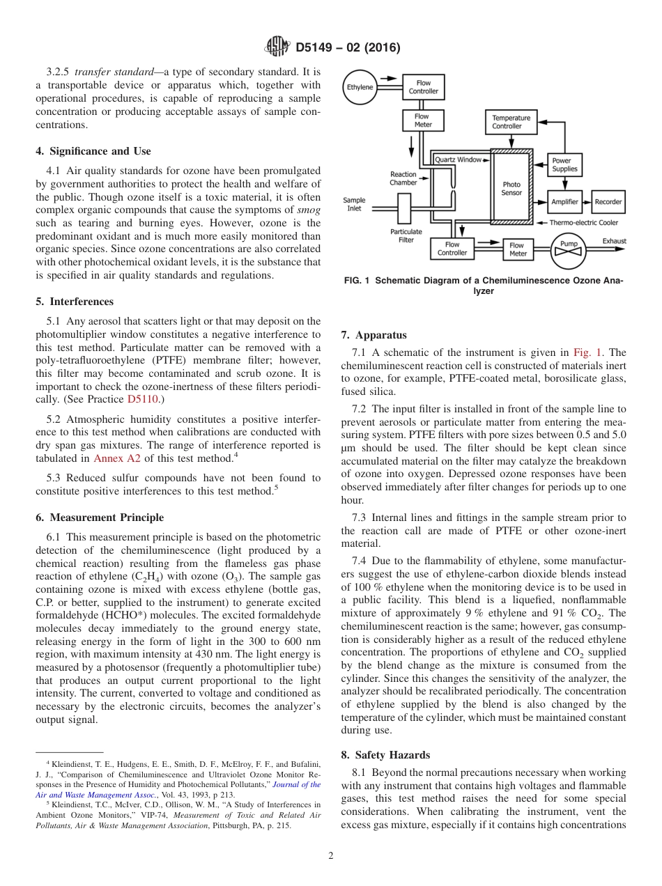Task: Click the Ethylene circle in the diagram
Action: coord(360,87)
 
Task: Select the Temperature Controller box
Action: coord(511,122)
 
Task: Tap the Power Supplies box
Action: coord(564,164)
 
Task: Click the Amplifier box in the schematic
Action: coord(564,202)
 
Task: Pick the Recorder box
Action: coord(608,202)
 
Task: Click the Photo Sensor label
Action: coord(511,189)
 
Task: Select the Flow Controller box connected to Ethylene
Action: coord(423,87)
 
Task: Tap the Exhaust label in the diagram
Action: coord(614,241)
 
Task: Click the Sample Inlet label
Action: coord(354,204)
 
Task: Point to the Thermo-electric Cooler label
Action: coord(583,223)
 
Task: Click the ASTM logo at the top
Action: coord(278,47)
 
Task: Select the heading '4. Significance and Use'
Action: coord(93,151)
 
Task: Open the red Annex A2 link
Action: coord(117,458)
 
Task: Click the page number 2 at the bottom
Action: coord(331,856)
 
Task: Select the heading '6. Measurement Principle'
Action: coord(100,518)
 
